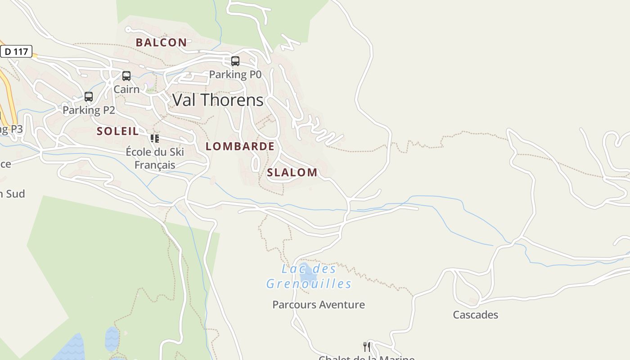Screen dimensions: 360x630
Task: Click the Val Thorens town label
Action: point(218,100)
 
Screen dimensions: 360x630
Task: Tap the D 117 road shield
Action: point(16,51)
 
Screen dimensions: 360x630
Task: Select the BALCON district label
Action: point(161,42)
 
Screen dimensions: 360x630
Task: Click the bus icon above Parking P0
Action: point(235,61)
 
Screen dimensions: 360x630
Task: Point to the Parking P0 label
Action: point(235,74)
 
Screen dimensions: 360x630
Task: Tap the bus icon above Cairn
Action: point(126,76)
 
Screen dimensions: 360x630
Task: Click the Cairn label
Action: point(126,89)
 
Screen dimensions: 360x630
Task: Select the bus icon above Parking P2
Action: point(89,97)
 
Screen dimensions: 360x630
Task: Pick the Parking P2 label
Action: point(89,110)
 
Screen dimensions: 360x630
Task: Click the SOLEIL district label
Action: point(117,131)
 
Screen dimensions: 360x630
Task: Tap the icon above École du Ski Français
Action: point(155,138)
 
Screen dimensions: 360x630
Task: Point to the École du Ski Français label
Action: point(155,158)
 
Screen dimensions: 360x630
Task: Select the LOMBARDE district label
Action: point(240,146)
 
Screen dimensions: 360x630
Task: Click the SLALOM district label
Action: point(292,172)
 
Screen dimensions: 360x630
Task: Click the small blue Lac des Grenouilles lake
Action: point(308,272)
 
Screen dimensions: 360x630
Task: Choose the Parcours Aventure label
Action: point(319,305)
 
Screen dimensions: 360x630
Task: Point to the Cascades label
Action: point(475,315)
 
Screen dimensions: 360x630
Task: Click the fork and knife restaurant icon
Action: point(367,346)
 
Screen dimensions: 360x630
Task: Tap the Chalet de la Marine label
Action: point(366,357)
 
